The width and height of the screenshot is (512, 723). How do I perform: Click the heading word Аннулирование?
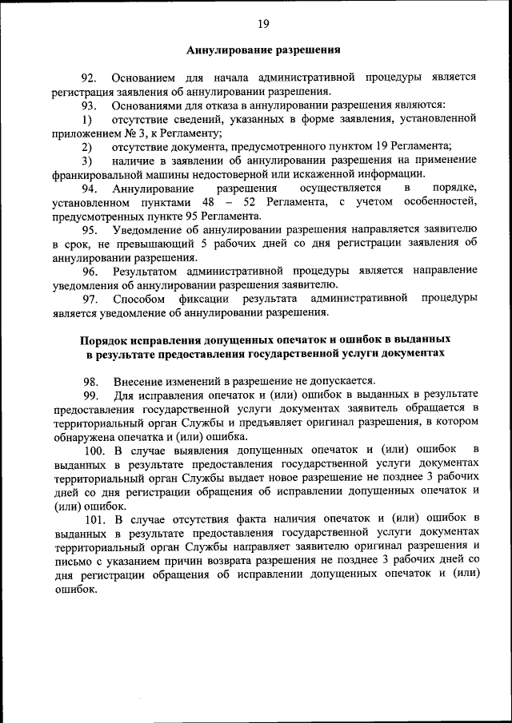225,50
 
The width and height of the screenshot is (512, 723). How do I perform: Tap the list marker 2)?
88,146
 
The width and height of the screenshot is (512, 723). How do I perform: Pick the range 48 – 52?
231,201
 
